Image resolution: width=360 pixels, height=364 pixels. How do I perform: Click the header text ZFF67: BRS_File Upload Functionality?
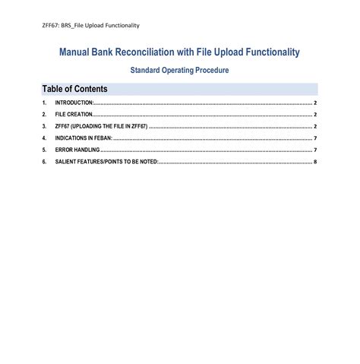[90, 25]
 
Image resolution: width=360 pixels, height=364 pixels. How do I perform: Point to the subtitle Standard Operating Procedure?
[179, 71]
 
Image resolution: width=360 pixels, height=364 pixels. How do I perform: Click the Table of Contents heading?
[75, 89]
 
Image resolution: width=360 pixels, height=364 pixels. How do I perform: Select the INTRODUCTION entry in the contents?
[74, 103]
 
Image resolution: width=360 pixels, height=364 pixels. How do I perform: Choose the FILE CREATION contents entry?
[74, 115]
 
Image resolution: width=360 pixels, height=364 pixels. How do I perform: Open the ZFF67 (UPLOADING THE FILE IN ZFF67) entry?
[101, 126]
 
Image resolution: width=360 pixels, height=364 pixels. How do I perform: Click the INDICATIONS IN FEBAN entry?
[83, 138]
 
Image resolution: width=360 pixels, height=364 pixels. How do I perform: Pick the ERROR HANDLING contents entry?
[77, 150]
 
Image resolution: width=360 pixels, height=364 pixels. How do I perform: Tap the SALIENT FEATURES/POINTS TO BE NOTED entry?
[107, 163]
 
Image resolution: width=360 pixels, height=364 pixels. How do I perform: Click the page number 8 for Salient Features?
[314, 163]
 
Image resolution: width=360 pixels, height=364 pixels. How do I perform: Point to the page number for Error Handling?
[314, 150]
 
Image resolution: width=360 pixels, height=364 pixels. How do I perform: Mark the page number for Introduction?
[314, 103]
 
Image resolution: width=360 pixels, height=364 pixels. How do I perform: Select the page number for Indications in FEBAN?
[314, 138]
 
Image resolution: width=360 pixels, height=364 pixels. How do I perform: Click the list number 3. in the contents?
[45, 126]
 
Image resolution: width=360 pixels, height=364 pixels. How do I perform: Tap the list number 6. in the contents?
[45, 163]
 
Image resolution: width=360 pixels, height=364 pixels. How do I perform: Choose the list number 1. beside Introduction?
[45, 103]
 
